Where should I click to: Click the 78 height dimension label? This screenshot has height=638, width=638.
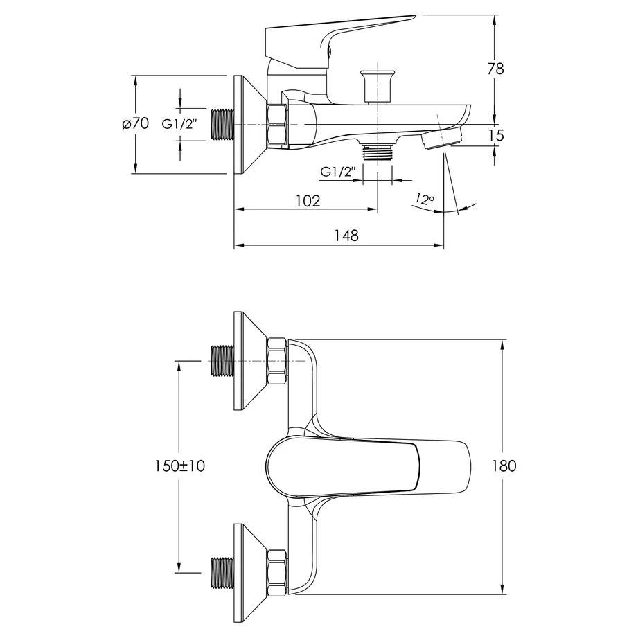coord(495,69)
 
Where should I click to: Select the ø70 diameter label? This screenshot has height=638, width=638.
coord(136,123)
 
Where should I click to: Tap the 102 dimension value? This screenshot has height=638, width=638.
coord(308,201)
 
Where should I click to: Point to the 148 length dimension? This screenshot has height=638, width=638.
coord(346,236)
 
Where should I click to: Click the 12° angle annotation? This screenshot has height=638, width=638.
coord(425,199)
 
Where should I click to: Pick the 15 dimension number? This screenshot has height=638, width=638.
coord(495,135)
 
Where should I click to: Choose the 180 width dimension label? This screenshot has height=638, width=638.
coord(504,466)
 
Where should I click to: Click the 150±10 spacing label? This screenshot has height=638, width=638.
coord(179,466)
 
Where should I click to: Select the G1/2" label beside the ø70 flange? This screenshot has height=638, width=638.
coord(179,124)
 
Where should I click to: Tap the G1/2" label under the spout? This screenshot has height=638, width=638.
coord(338,172)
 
